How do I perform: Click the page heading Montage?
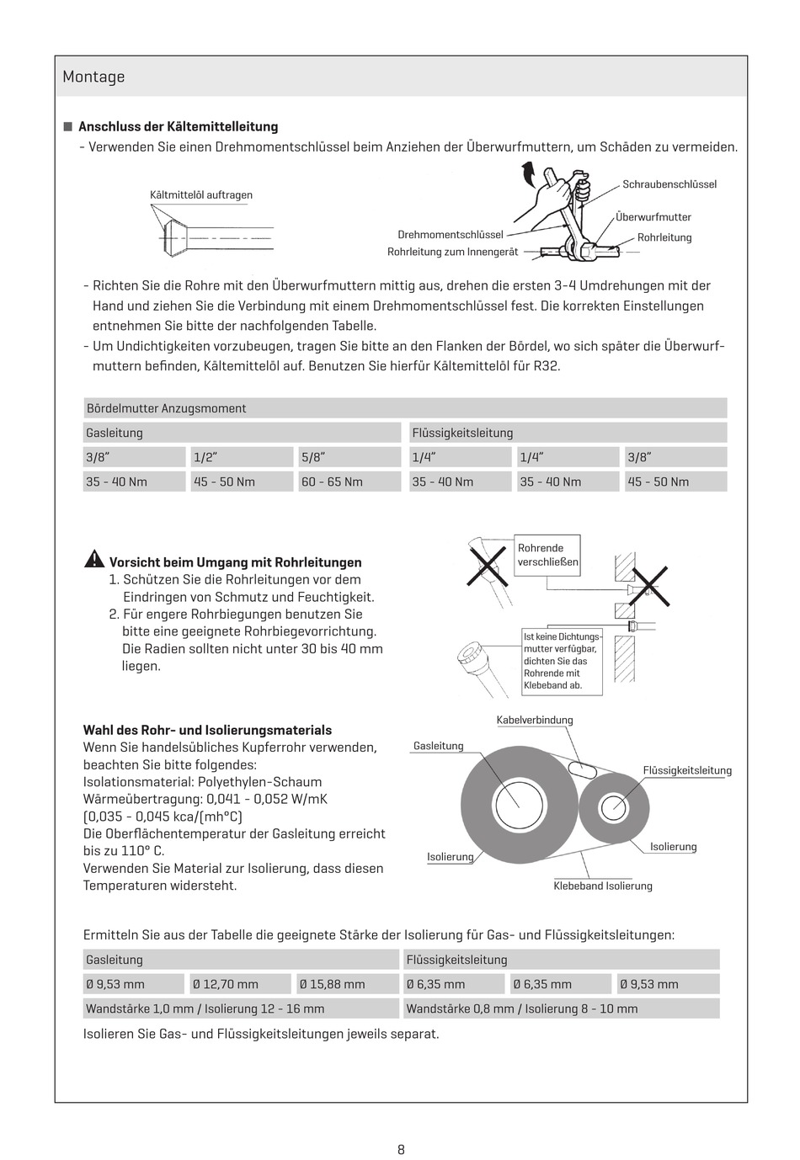[x=93, y=77]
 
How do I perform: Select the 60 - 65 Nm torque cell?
[x=349, y=482]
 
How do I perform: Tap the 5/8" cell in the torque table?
[x=349, y=457]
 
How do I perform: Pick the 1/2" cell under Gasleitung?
[x=242, y=457]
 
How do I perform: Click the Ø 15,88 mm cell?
[x=346, y=984]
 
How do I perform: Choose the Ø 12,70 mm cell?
[x=241, y=984]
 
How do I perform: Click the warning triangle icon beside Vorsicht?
[x=94, y=560]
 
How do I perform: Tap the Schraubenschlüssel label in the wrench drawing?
[x=669, y=184]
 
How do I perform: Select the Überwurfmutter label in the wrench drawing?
[x=653, y=217]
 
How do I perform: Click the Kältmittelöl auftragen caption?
[x=201, y=195]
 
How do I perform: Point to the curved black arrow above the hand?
[x=528, y=173]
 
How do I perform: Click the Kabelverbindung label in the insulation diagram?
[x=535, y=721]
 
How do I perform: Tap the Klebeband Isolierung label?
[x=603, y=886]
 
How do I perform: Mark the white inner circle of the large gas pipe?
[x=517, y=805]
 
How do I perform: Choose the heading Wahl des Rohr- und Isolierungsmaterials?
[x=207, y=731]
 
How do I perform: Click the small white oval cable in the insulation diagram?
[x=582, y=769]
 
